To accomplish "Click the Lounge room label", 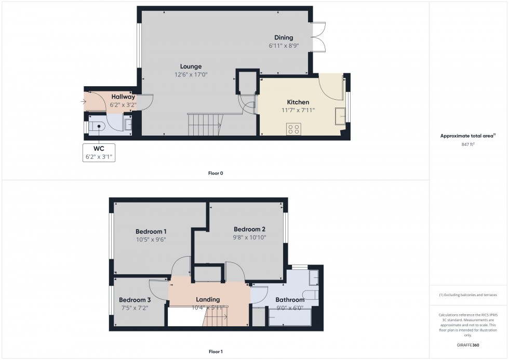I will [x=191, y=66].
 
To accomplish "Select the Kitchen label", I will [x=298, y=102].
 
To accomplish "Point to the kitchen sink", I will [x=340, y=116].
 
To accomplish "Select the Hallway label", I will [x=123, y=97].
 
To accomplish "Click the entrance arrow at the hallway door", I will [x=84, y=101].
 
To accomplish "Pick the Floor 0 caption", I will [x=216, y=173].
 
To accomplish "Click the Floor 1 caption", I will [x=216, y=352].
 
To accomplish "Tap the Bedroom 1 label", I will [x=151, y=231].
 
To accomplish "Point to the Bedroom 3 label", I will [x=135, y=300].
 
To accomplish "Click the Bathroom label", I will [x=290, y=300].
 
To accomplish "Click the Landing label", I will [x=208, y=299].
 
